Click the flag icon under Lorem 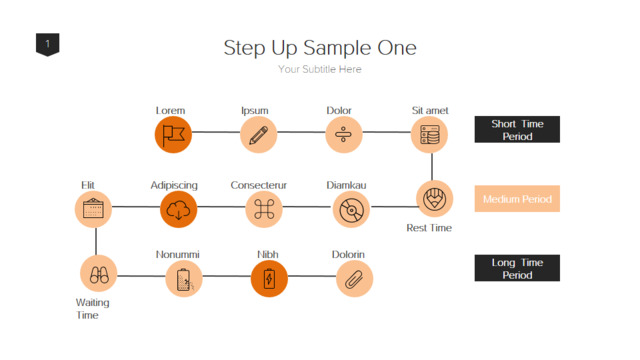click(173, 135)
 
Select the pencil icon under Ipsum click(258, 135)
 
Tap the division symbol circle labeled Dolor click(344, 135)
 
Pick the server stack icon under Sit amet click(429, 135)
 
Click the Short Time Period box click(517, 129)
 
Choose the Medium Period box click(517, 199)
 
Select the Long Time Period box click(517, 268)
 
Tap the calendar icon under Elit click(93, 208)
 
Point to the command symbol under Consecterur click(264, 209)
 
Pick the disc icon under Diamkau click(351, 211)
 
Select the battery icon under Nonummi click(184, 280)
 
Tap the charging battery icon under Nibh click(269, 280)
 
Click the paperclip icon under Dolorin click(354, 280)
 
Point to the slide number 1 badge click(48, 44)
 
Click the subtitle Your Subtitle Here click(320, 69)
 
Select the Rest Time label click(429, 228)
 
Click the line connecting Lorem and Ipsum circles click(216, 132)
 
